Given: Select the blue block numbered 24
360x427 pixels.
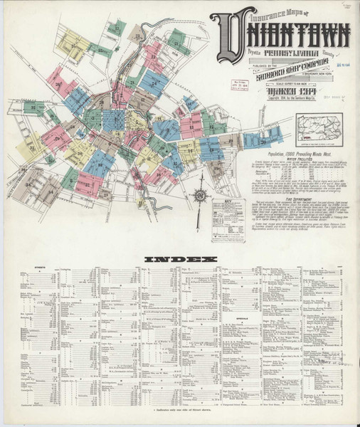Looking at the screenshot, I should pyautogui.click(x=153, y=83).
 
